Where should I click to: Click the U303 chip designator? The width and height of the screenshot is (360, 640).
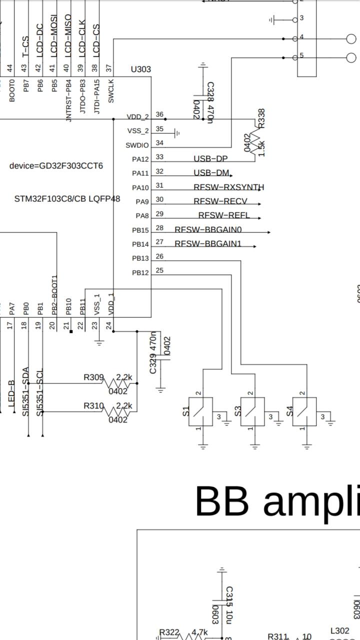click(140, 69)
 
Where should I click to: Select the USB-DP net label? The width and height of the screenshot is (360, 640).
click(210, 159)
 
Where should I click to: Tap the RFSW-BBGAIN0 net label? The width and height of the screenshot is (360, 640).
click(208, 229)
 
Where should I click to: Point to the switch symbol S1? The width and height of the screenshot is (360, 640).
click(200, 411)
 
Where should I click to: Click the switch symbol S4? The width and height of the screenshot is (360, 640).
click(304, 411)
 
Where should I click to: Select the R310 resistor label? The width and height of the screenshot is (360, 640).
click(93, 405)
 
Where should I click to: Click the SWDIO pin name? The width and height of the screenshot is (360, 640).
click(137, 145)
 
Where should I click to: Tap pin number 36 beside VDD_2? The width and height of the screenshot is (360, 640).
click(159, 114)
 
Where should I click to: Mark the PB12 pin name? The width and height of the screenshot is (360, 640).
click(140, 273)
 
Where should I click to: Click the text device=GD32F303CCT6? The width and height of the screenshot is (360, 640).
click(56, 165)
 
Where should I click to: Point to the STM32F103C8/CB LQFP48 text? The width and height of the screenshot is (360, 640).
click(67, 199)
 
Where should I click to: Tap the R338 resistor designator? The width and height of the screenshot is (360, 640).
click(261, 118)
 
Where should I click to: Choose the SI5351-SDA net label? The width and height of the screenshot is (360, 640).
click(26, 391)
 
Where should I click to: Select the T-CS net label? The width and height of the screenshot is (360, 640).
click(25, 46)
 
